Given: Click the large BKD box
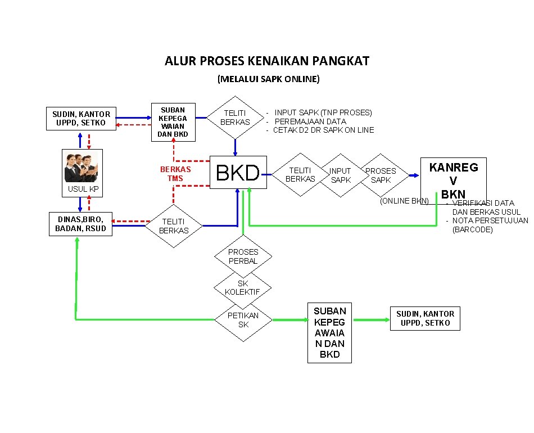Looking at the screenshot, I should (238, 173).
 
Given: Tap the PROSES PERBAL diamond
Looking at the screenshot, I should (243, 256).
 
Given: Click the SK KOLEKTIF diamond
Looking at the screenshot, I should (242, 287).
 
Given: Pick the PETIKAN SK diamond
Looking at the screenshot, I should (243, 319).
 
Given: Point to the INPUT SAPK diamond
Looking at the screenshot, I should (340, 175).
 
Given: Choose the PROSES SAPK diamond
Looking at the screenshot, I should (381, 175).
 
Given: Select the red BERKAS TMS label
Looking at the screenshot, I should (175, 174).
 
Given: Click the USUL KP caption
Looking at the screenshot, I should (83, 190).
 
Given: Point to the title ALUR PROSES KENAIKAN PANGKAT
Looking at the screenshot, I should (267, 61).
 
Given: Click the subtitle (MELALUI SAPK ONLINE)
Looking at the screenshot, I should (268, 79).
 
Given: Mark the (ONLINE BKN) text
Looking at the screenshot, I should (404, 201).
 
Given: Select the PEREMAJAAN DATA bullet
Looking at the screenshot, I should (310, 121).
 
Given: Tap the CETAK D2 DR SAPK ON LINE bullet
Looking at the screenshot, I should (323, 130).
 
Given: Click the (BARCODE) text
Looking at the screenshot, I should (473, 229).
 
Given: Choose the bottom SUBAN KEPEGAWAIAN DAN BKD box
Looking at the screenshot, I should (330, 332).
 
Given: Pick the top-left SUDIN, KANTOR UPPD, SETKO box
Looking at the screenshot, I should (82, 119).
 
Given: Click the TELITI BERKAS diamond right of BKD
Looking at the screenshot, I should (301, 175).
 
